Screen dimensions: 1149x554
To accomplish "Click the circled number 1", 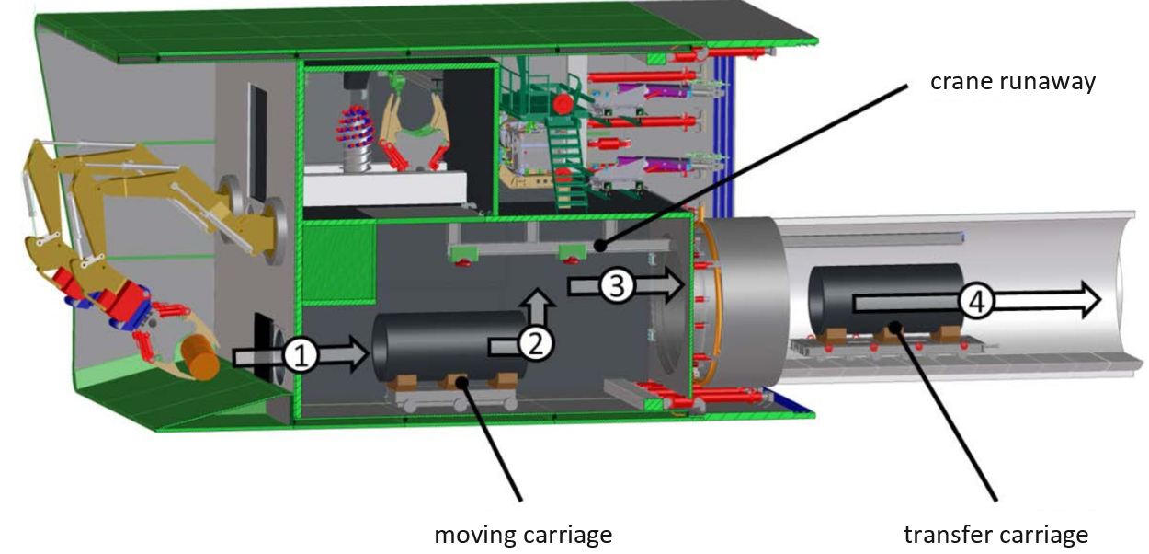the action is pyautogui.click(x=301, y=356).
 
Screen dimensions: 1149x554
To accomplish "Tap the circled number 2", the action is pyautogui.click(x=536, y=344).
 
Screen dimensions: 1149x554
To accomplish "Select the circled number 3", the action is pyautogui.click(x=617, y=286).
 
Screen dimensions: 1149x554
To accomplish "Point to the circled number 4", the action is pyautogui.click(x=976, y=302).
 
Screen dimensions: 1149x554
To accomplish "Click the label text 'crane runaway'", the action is pyautogui.click(x=1013, y=82).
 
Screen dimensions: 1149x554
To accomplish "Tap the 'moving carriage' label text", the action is pyautogui.click(x=523, y=535).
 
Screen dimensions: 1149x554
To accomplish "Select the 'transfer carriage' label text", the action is pyautogui.click(x=995, y=535).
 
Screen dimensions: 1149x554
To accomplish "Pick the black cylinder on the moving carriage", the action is pyautogui.click(x=449, y=347).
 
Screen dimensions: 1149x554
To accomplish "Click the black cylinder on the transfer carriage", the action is pyautogui.click(x=886, y=299).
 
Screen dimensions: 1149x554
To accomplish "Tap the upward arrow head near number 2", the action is pyautogui.click(x=537, y=299).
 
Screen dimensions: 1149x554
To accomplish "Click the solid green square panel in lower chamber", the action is pyautogui.click(x=338, y=263).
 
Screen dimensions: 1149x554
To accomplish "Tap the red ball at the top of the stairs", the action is pyautogui.click(x=563, y=104).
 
